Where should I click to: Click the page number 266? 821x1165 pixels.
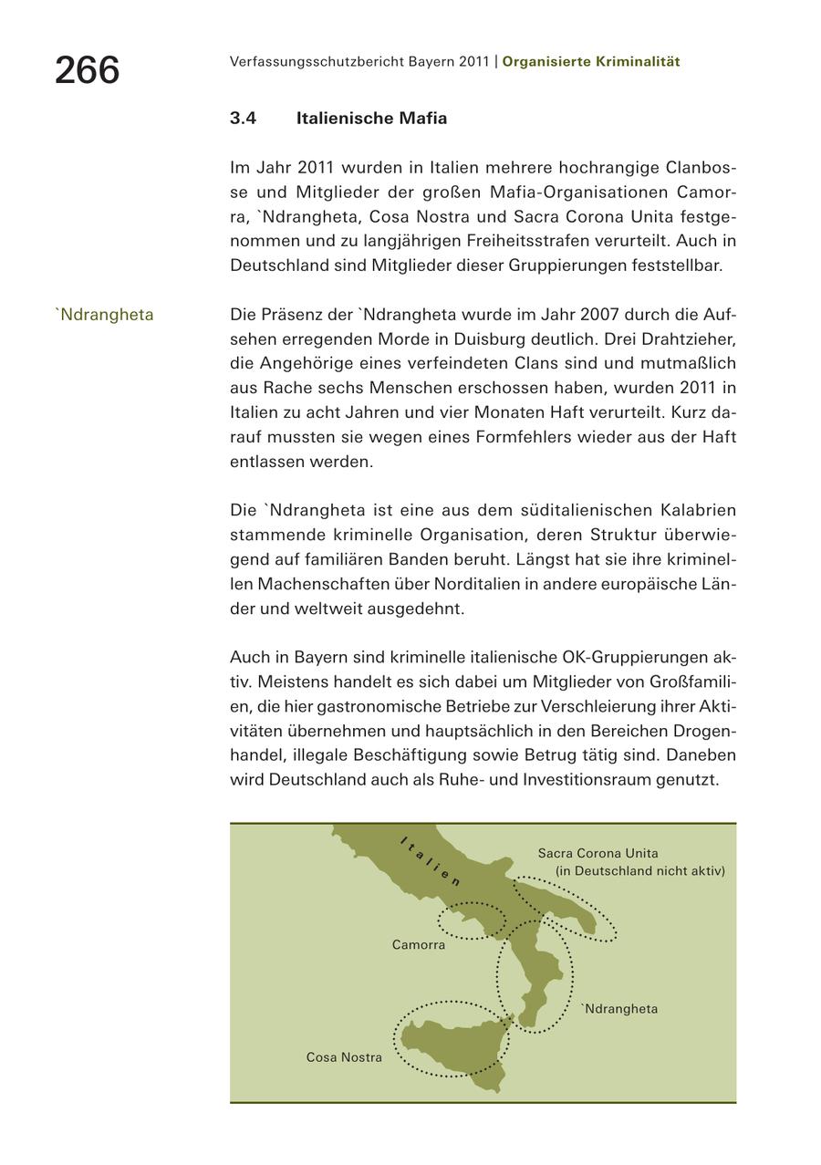pyautogui.click(x=87, y=70)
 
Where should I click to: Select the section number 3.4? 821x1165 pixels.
pyautogui.click(x=243, y=119)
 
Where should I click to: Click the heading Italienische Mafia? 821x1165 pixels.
pyautogui.click(x=371, y=119)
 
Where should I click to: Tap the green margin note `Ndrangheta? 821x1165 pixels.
pyautogui.click(x=104, y=316)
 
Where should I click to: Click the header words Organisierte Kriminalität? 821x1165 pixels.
pyautogui.click(x=591, y=62)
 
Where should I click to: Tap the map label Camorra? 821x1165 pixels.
pyautogui.click(x=419, y=945)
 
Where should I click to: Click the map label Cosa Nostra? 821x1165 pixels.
pyautogui.click(x=344, y=1058)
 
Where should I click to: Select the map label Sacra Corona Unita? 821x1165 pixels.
pyautogui.click(x=598, y=854)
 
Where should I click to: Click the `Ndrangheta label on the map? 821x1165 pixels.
pyautogui.click(x=619, y=1009)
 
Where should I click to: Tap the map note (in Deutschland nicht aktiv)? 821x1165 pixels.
pyautogui.click(x=639, y=871)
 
